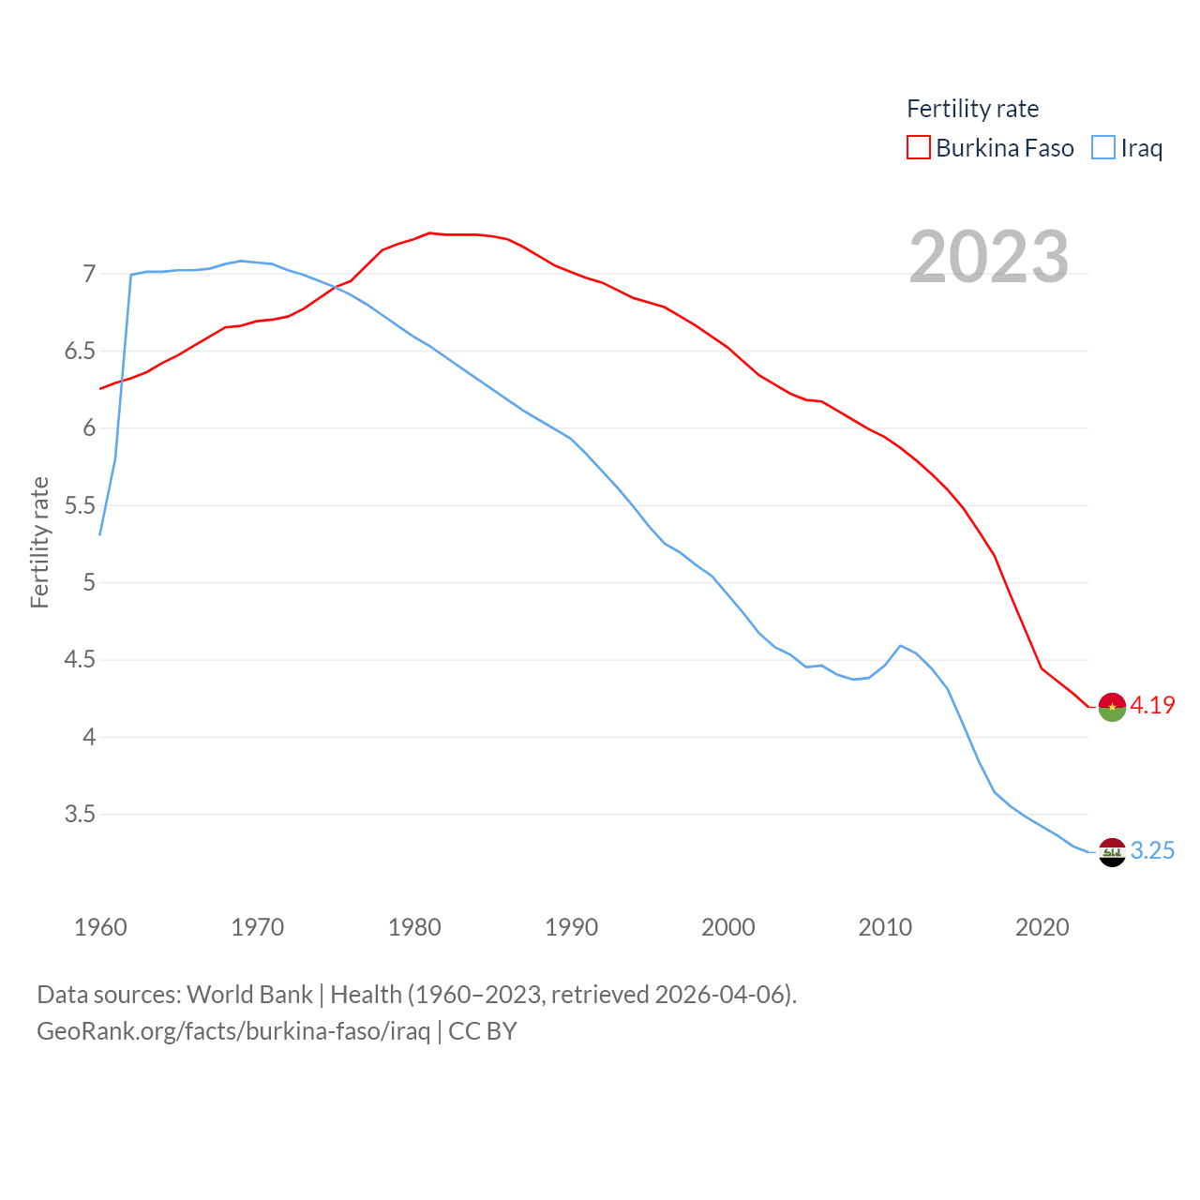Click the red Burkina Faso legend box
[919, 148]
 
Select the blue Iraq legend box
[1103, 148]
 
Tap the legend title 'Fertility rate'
[972, 109]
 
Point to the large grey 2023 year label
[989, 257]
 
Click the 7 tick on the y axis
[89, 274]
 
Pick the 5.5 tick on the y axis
[80, 505]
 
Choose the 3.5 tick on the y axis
[80, 814]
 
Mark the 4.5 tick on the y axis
[80, 660]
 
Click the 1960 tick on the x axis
[100, 927]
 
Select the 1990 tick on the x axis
[571, 927]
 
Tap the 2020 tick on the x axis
[1042, 927]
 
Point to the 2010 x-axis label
[885, 927]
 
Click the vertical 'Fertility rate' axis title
[39, 542]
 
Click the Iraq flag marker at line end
[1112, 852]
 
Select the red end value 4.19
[1152, 705]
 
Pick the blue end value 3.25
[1152, 850]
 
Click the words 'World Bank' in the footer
[249, 994]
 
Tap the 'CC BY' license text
[483, 1031]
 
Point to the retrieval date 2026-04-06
[722, 994]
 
